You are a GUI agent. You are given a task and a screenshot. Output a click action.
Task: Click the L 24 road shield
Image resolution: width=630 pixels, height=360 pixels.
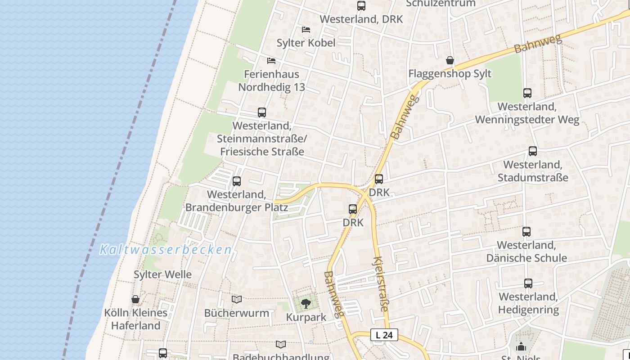tap(384, 335)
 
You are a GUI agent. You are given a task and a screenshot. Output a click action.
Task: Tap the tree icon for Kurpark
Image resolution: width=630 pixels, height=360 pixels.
tap(306, 303)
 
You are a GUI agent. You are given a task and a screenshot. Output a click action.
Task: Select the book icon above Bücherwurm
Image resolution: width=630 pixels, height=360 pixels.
tap(237, 299)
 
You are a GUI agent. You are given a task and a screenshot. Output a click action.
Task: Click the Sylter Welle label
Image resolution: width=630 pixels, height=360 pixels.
tap(162, 274)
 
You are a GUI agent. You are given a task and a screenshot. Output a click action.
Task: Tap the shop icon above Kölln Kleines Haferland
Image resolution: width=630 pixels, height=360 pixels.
tap(135, 299)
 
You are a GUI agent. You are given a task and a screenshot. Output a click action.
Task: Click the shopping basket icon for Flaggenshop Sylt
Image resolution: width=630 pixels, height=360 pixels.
tap(450, 60)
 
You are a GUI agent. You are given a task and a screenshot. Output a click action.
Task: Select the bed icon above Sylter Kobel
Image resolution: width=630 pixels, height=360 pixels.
tap(306, 30)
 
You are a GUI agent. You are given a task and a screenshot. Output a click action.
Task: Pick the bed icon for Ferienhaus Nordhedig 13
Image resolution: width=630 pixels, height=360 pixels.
tap(271, 60)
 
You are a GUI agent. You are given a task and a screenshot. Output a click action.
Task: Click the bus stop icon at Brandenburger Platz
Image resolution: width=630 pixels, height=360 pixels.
tap(237, 181)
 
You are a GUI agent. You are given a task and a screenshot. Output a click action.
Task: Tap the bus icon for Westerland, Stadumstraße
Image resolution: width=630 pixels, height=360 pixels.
tap(533, 151)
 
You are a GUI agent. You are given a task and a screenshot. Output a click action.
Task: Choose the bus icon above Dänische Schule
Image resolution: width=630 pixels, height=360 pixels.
tap(526, 232)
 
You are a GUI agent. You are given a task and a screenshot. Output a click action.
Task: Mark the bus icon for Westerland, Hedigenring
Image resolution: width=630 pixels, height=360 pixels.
tap(528, 283)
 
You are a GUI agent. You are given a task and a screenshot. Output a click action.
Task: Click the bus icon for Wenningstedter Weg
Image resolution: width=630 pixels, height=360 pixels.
tap(527, 93)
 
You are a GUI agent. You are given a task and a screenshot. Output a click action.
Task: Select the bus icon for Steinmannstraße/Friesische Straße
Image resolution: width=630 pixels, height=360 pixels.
tap(262, 112)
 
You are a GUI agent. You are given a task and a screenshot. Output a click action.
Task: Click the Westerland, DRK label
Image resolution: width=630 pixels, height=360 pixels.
tap(361, 19)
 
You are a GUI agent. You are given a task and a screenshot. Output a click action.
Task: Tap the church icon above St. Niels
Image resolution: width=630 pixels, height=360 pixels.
tap(521, 346)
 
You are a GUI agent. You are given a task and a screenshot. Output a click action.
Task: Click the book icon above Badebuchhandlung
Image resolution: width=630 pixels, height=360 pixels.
tap(281, 344)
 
